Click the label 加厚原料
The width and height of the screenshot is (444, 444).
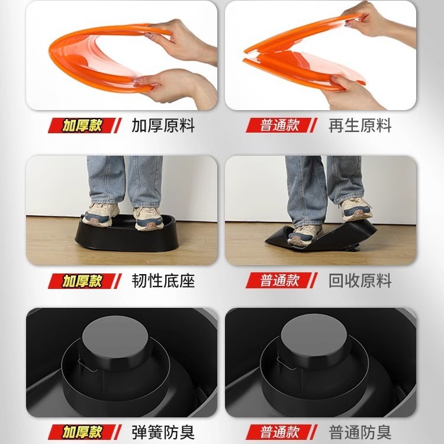click(163, 126)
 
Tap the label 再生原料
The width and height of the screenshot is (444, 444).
click(360, 126)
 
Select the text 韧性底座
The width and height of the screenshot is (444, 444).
click(163, 281)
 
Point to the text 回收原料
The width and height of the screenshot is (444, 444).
click(360, 281)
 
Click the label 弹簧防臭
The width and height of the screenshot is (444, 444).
click(163, 432)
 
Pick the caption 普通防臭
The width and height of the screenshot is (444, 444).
click(360, 432)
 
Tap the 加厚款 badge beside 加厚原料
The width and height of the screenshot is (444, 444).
click(85, 126)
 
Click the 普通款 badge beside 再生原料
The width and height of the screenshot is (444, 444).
click(282, 126)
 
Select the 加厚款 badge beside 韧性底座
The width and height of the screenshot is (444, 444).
click(85, 281)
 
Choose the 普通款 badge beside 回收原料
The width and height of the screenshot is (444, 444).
click(282, 281)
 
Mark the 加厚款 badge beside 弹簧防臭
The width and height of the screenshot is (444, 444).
click(85, 432)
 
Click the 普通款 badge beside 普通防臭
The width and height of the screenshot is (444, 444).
click(282, 432)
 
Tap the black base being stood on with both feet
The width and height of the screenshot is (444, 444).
click(126, 238)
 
